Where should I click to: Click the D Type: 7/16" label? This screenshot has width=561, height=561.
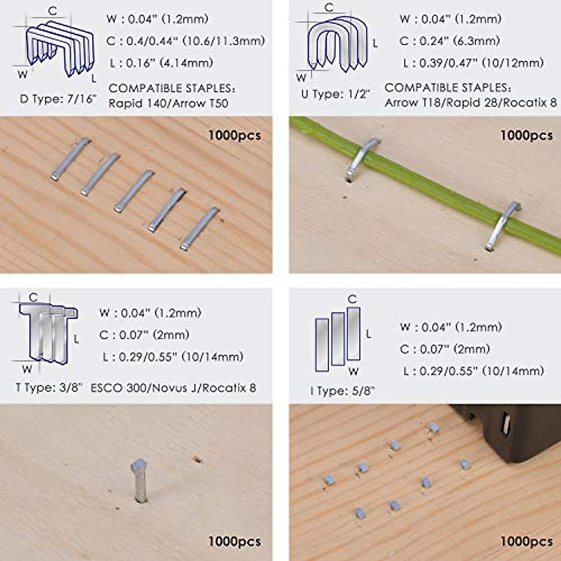coord(58,99)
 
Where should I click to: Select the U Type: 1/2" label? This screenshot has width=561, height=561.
coord(335,94)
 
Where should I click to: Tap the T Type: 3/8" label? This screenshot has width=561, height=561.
coord(49,388)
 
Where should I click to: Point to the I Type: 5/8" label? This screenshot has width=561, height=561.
coord(342,391)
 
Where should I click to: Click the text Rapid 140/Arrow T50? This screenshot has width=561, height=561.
coord(168,103)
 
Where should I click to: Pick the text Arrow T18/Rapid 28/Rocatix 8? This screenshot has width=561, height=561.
coord(470,102)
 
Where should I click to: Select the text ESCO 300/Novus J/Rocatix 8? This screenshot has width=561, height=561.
coord(173,388)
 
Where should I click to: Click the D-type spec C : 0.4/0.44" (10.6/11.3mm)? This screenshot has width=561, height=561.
coord(186,41)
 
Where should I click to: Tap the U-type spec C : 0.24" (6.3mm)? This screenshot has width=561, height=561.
coord(449,41)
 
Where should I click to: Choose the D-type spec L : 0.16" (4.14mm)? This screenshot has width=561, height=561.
coord(161,63)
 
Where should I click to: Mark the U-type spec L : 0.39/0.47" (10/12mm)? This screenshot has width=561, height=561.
coord(473,63)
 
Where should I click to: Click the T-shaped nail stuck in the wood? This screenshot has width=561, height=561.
coord(139,479)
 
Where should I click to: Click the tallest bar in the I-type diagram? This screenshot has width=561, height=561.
coord(353,333)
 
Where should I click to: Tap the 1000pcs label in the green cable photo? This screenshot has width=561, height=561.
coord(526,136)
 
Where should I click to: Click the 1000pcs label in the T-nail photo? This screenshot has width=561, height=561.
coord(234,541)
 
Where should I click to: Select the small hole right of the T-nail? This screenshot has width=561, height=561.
coord(198,459)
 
